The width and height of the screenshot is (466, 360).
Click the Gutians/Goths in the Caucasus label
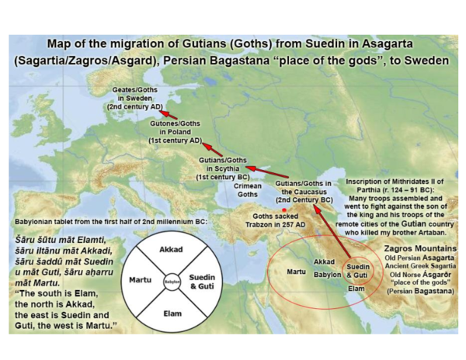coord(306,189)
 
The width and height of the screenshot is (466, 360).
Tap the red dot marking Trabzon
coord(284,209)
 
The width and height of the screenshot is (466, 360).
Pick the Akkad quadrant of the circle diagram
coord(170,252)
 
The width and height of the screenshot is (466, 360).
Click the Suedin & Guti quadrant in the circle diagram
coord(203,282)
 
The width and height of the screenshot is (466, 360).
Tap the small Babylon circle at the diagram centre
coord(171,282)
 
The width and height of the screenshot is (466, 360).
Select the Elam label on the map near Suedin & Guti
coord(355,289)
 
